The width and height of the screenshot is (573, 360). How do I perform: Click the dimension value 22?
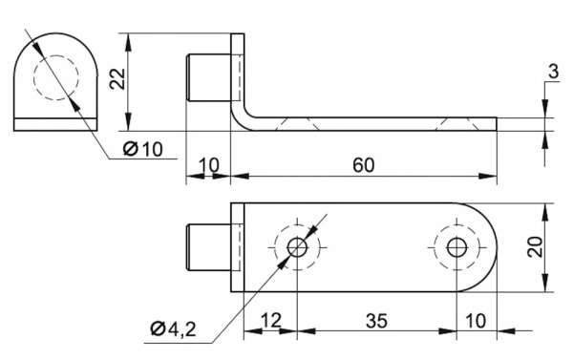118,78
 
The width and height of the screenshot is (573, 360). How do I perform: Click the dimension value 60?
364,165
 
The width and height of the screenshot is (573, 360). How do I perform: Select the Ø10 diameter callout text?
143,149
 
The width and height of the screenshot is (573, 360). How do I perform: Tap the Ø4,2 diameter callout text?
173,328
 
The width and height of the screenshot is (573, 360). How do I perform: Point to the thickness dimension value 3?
554,72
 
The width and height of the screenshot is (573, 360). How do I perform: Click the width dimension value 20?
536,247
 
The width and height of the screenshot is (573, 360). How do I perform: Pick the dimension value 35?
376,321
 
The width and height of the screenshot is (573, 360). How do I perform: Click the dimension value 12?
271,320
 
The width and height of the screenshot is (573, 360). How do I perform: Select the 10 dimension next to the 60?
208,165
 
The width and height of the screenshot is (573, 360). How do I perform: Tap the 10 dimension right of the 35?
476,321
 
